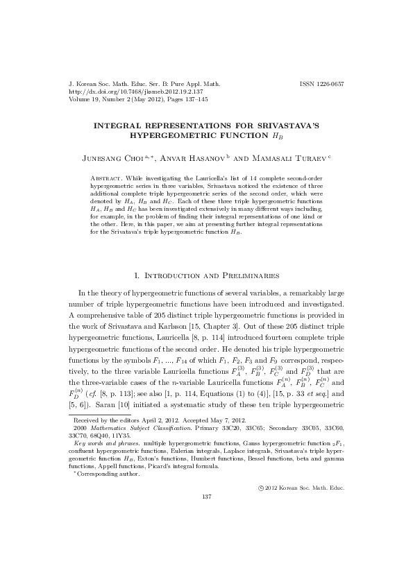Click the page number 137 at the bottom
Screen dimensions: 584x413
pyautogui.click(x=206, y=497)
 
